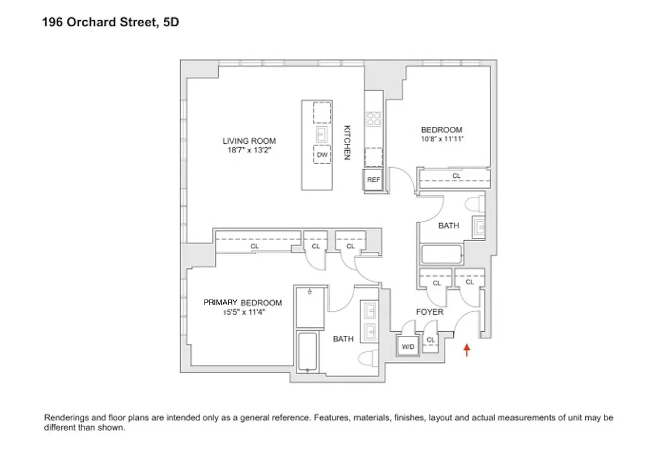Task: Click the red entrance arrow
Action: coord(466,350)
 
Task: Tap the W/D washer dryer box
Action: coord(407,347)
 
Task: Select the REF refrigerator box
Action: coord(373,180)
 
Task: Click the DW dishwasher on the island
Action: coord(322,155)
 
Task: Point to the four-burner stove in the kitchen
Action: coord(373,119)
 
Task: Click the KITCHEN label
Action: coord(348,142)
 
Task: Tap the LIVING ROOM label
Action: coord(249,141)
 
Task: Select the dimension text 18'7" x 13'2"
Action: coord(249,149)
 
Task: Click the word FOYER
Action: coord(429,312)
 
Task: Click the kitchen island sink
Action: coord(322,134)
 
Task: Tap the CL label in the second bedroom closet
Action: coord(456,176)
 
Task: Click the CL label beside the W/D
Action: coord(431,340)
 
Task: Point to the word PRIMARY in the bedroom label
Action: coord(220,303)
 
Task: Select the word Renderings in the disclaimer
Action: coord(66,418)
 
